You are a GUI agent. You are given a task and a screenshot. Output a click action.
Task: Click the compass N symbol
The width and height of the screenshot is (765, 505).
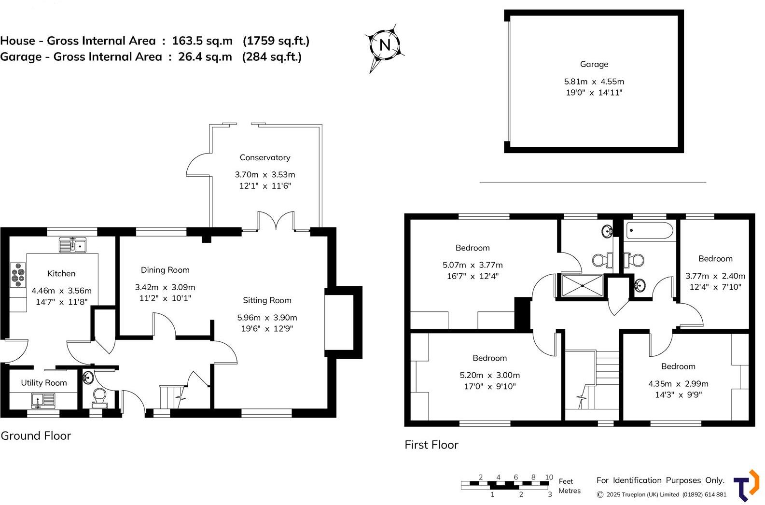pyautogui.click(x=385, y=45)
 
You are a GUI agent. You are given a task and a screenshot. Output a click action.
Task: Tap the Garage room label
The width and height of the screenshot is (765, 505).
pyautogui.click(x=594, y=64)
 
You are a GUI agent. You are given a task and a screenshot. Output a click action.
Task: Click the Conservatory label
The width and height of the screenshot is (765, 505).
pyautogui.click(x=265, y=157)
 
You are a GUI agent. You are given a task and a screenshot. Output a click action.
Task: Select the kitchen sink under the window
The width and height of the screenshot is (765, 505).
pyautogui.click(x=72, y=245)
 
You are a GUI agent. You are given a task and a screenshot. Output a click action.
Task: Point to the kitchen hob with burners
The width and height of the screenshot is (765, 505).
pyautogui.click(x=18, y=275)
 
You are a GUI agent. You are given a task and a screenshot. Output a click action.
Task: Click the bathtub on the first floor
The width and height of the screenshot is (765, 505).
pyautogui.click(x=650, y=231)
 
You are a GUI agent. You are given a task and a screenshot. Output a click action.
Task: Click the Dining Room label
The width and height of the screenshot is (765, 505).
pyautogui.click(x=165, y=270)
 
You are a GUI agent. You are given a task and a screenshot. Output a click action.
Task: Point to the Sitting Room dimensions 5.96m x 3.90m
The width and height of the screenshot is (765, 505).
pyautogui.click(x=267, y=318)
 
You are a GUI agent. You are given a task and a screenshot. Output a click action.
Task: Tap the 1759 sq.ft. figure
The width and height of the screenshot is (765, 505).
pyautogui.click(x=276, y=41)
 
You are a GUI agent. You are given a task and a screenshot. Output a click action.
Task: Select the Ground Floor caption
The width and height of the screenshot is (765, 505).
pyautogui.click(x=36, y=435)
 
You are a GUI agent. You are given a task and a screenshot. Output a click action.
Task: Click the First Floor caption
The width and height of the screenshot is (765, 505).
pyautogui.click(x=431, y=445)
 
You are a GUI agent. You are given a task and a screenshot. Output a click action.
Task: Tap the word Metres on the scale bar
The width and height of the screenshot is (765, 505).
pyautogui.click(x=570, y=491)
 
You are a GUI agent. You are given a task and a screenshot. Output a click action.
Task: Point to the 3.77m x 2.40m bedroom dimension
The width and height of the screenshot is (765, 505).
pyautogui.click(x=715, y=276)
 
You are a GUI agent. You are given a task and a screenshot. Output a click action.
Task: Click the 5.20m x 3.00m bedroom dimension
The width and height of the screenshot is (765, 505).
pyautogui.click(x=489, y=375)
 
